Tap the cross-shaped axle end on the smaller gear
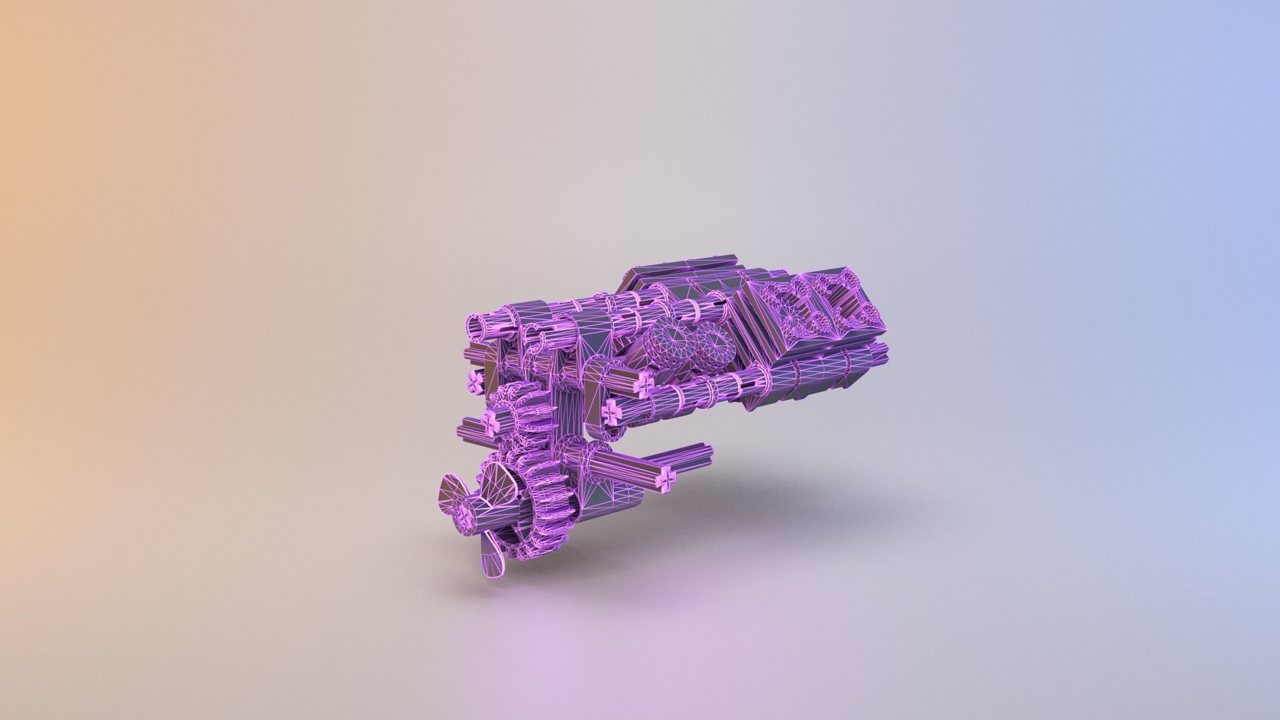(x=491, y=420)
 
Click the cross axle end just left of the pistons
(x=644, y=383)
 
